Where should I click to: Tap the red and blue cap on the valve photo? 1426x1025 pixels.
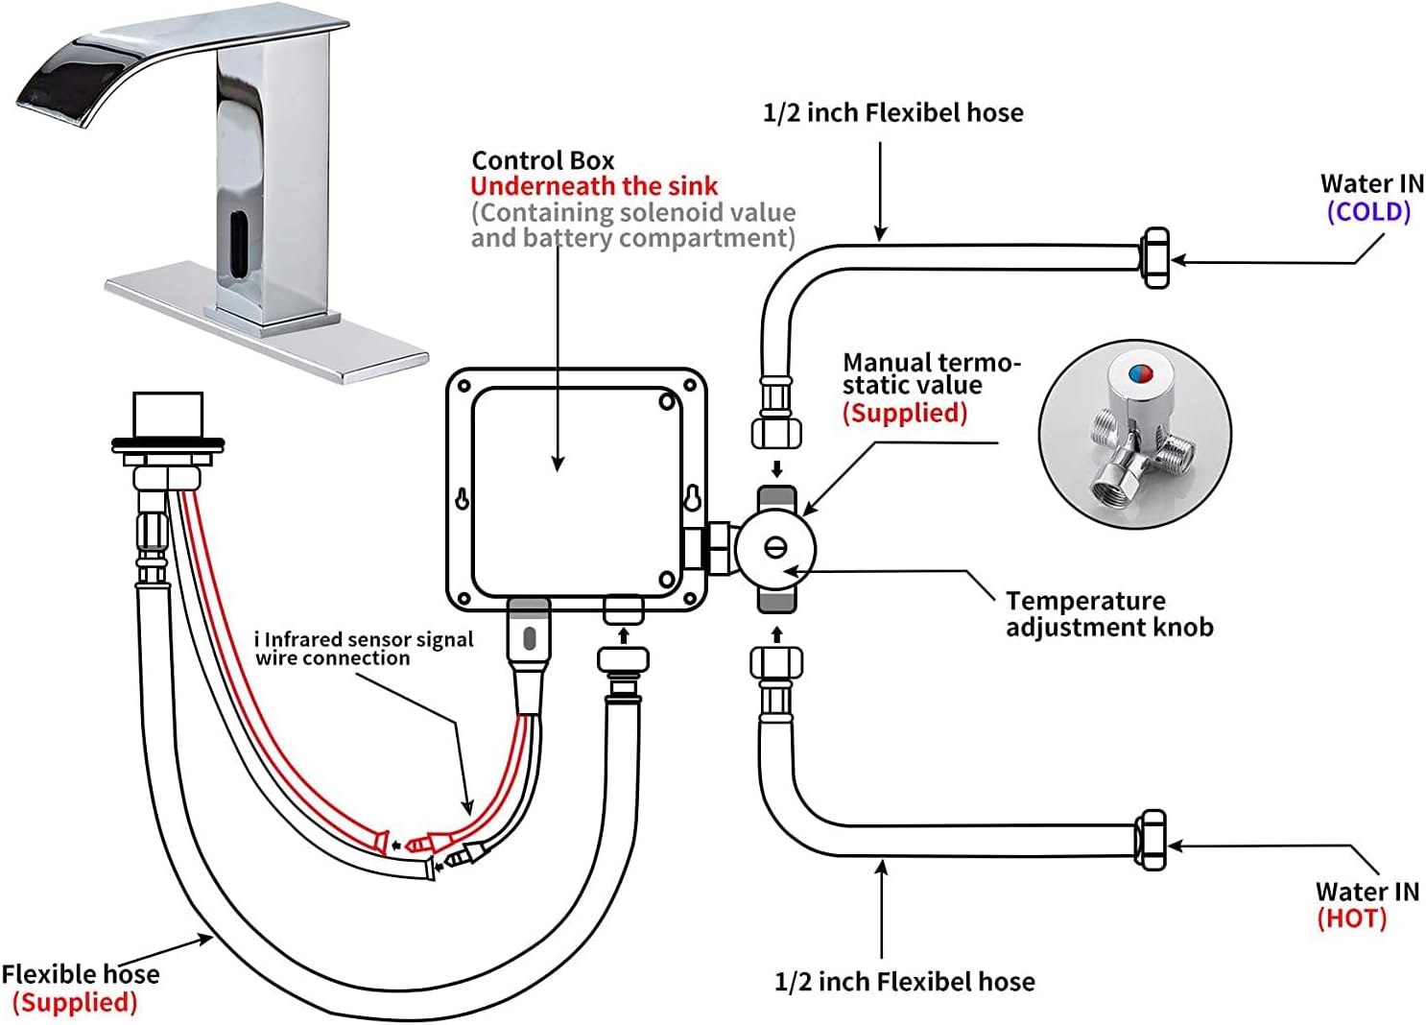coord(1133,372)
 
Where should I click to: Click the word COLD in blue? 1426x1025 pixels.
coord(1368,212)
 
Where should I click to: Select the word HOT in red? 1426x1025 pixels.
coord(1351,918)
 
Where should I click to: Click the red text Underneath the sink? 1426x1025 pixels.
coord(594,186)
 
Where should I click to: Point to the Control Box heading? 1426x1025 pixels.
coord(542,160)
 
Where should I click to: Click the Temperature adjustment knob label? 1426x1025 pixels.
coord(1108,614)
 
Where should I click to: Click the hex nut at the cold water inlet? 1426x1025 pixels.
coord(1155,257)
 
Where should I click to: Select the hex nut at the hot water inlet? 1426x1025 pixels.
coord(1151,841)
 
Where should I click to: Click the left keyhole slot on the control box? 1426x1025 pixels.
coord(463,499)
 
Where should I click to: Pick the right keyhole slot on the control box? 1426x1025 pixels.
coord(693,498)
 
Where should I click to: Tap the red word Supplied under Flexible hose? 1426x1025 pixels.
coord(75,1003)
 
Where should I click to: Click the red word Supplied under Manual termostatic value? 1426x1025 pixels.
coord(904,413)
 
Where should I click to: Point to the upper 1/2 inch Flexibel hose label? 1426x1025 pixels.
coord(892,113)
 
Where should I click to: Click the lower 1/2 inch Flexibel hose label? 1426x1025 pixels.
coord(904,982)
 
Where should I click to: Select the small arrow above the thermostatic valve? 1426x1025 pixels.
coord(777,469)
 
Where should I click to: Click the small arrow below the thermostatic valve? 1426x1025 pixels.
coord(777,634)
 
